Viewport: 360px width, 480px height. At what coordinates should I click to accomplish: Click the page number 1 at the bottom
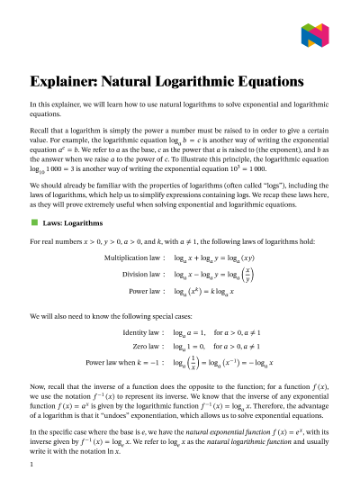pos(31,465)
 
